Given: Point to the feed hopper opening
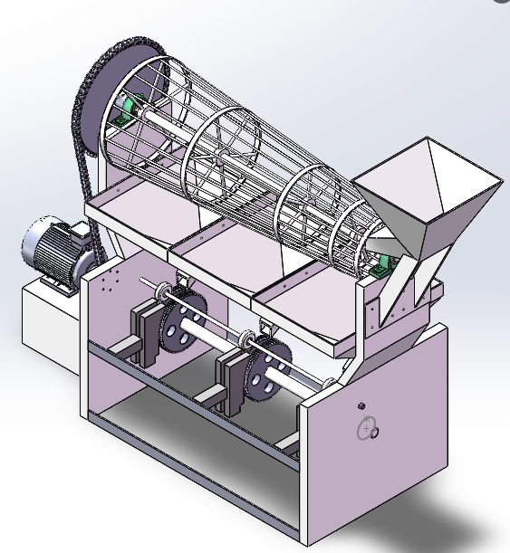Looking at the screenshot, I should [435, 181].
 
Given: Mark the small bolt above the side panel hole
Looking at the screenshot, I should [361, 405].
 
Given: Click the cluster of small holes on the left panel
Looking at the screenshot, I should [111, 283].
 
